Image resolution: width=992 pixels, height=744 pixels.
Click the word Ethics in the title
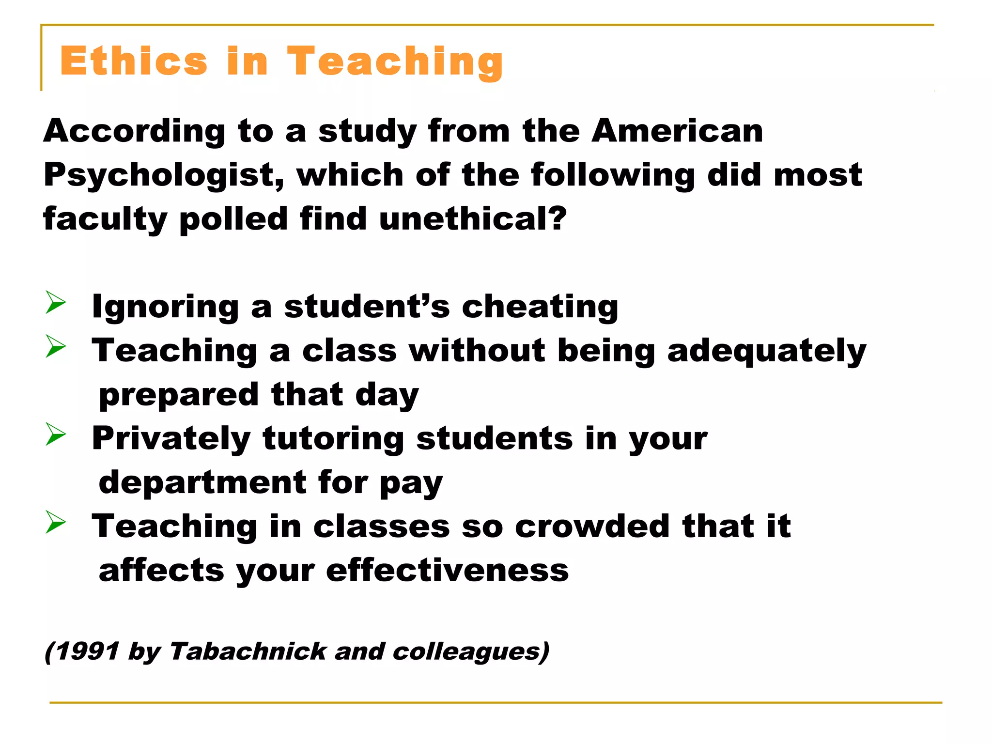(x=134, y=62)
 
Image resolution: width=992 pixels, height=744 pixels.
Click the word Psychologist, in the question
(x=164, y=175)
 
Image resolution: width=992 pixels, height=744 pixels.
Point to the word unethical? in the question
(x=473, y=218)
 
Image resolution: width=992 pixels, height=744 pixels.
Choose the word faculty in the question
(x=105, y=219)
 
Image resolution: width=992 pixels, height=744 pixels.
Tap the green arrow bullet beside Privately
(x=56, y=434)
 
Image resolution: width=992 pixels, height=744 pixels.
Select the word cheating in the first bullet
(x=540, y=307)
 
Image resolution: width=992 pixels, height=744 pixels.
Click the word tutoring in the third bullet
(x=333, y=439)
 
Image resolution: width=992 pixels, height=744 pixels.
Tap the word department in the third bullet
(x=202, y=482)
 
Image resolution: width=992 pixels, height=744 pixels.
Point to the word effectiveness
(x=447, y=571)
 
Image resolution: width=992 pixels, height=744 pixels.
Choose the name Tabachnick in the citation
(x=248, y=651)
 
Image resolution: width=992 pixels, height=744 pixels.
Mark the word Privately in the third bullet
(x=171, y=439)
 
